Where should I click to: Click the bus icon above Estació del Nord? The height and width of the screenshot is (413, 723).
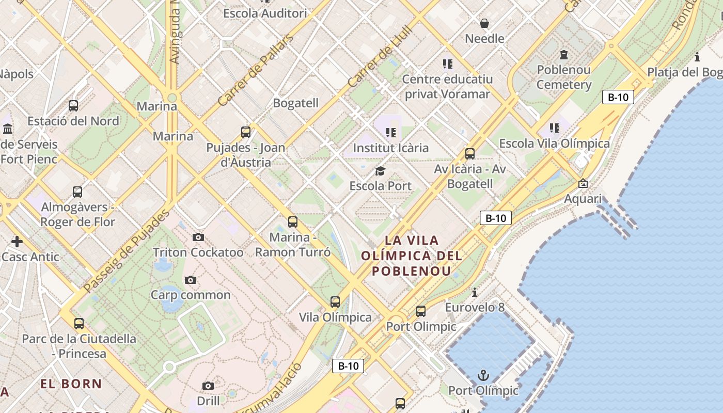(73, 106)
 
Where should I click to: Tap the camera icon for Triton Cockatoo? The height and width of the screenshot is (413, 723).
(198, 237)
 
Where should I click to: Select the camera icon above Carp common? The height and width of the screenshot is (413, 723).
(191, 280)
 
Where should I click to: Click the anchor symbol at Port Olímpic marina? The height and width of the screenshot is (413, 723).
(483, 375)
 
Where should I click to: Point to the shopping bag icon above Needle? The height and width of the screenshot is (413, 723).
(484, 23)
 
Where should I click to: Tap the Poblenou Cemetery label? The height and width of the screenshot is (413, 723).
(564, 77)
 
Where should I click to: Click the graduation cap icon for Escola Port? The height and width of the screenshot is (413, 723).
(381, 171)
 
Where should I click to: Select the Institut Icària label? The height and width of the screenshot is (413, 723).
(391, 148)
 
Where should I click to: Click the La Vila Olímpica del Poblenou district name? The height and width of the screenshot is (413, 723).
(412, 256)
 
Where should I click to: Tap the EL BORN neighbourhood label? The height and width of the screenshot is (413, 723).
(71, 384)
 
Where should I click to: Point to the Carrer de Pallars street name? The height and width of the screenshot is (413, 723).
(255, 70)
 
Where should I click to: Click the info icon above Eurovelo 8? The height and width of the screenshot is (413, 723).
(475, 292)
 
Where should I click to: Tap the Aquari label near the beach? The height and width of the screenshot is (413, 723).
(583, 199)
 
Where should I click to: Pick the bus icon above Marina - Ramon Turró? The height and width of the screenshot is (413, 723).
(293, 222)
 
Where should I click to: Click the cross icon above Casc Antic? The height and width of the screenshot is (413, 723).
(17, 241)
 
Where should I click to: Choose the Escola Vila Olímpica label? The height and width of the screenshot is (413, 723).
(555, 144)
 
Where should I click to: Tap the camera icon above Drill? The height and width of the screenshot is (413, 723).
(208, 386)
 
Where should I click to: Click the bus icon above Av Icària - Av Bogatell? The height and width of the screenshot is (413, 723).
(470, 153)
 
